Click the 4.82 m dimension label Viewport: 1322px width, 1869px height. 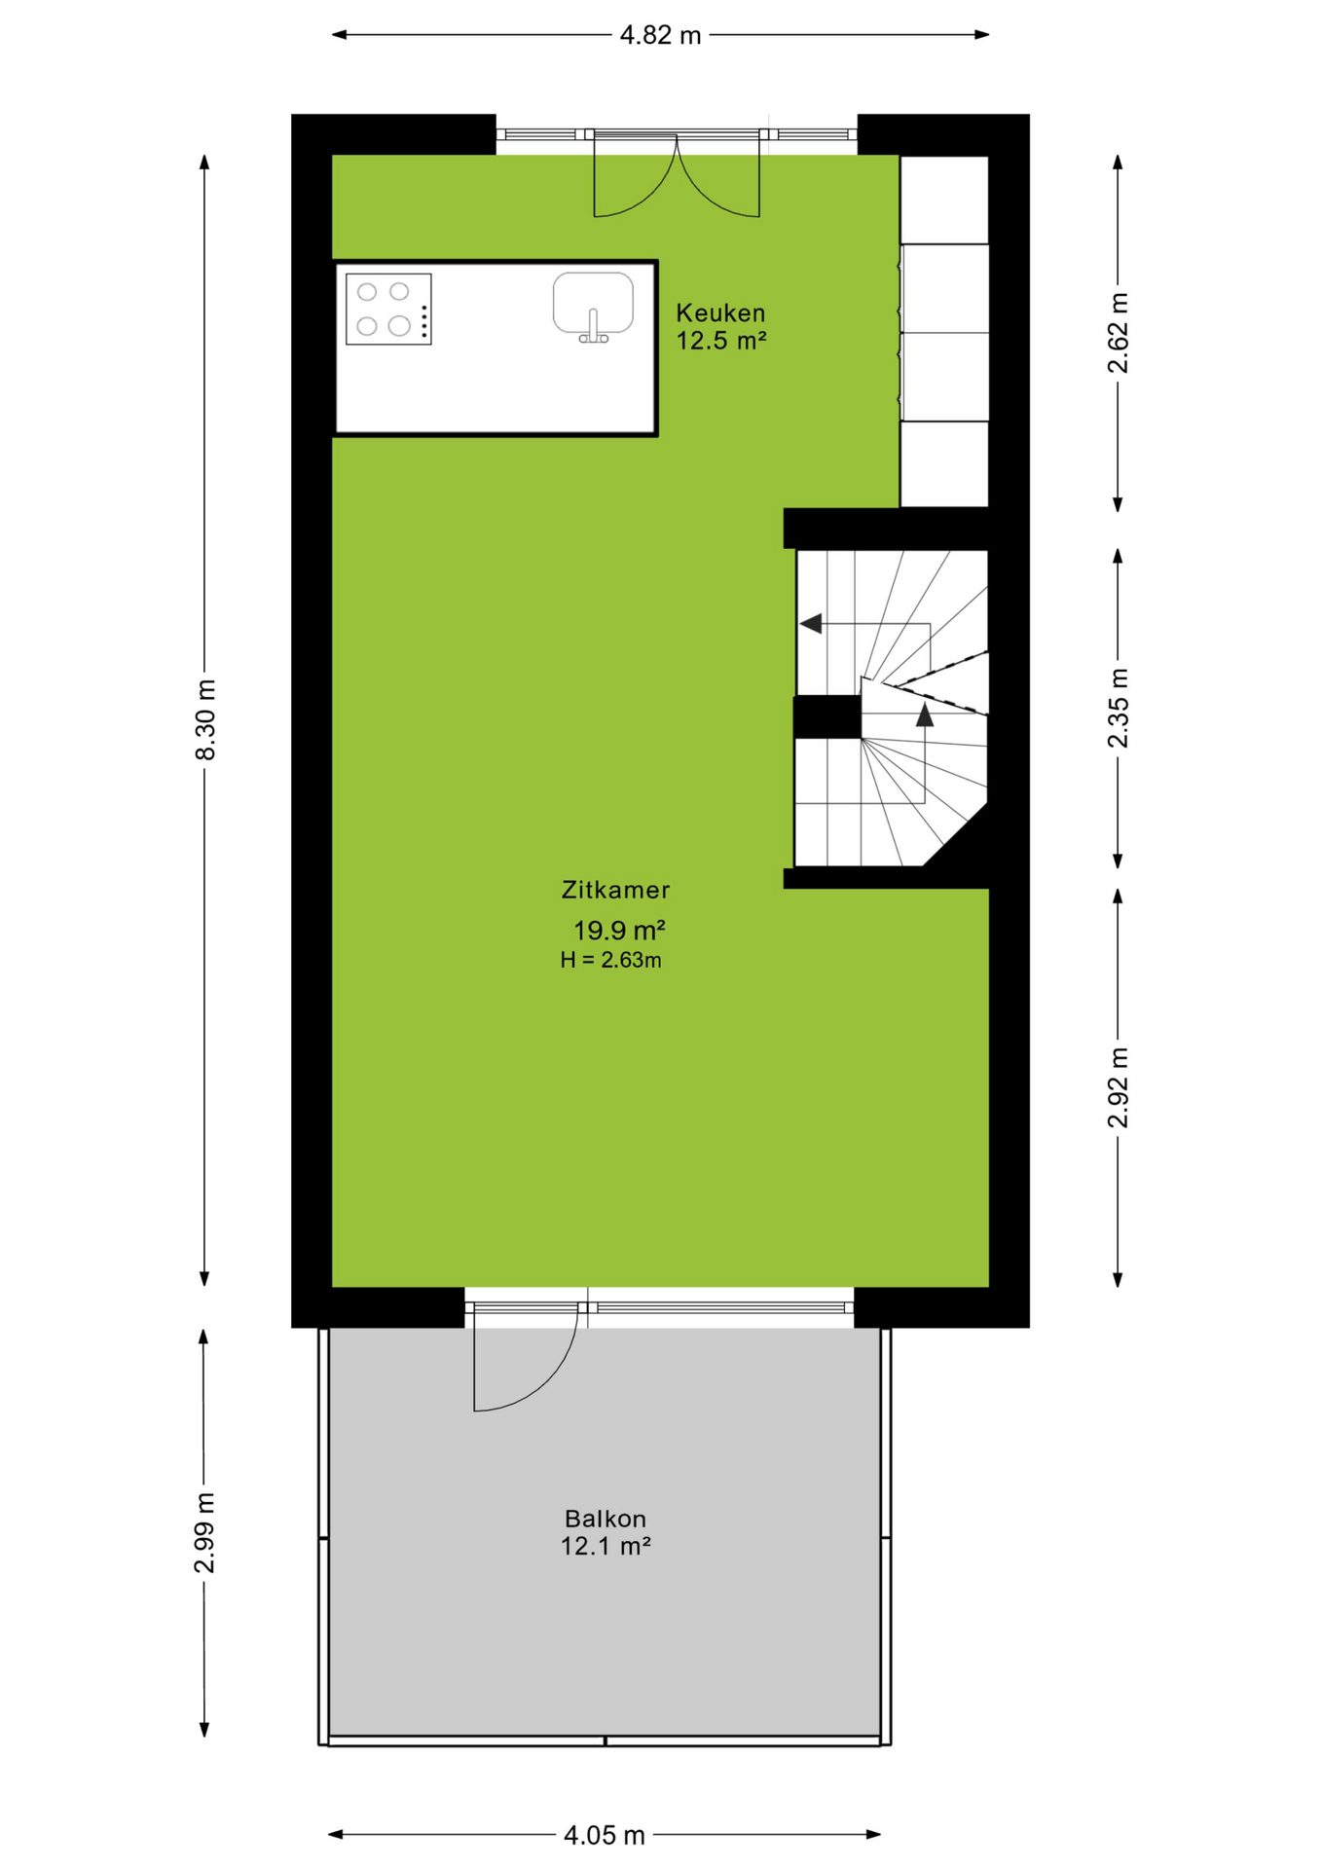tap(660, 35)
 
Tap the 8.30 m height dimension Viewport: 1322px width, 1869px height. tap(205, 720)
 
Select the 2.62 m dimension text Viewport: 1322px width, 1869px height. tap(1118, 333)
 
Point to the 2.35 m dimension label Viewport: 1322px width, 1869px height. tap(1118, 708)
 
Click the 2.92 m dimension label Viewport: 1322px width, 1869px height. tap(1118, 1087)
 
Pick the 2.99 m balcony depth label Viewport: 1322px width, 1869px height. tap(204, 1532)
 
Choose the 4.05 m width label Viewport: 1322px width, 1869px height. tap(605, 1835)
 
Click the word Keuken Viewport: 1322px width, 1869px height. tap(720, 312)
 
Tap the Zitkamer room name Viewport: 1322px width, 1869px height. tap(615, 890)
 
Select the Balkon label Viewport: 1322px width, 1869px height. tap(606, 1519)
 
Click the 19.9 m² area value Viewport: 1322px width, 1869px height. tap(619, 931)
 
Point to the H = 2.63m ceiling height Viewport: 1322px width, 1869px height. tap(611, 960)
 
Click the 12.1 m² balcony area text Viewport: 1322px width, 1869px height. tap(606, 1546)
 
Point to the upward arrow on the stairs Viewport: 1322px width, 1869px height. tap(925, 715)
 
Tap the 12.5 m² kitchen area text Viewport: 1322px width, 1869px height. tap(721, 341)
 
